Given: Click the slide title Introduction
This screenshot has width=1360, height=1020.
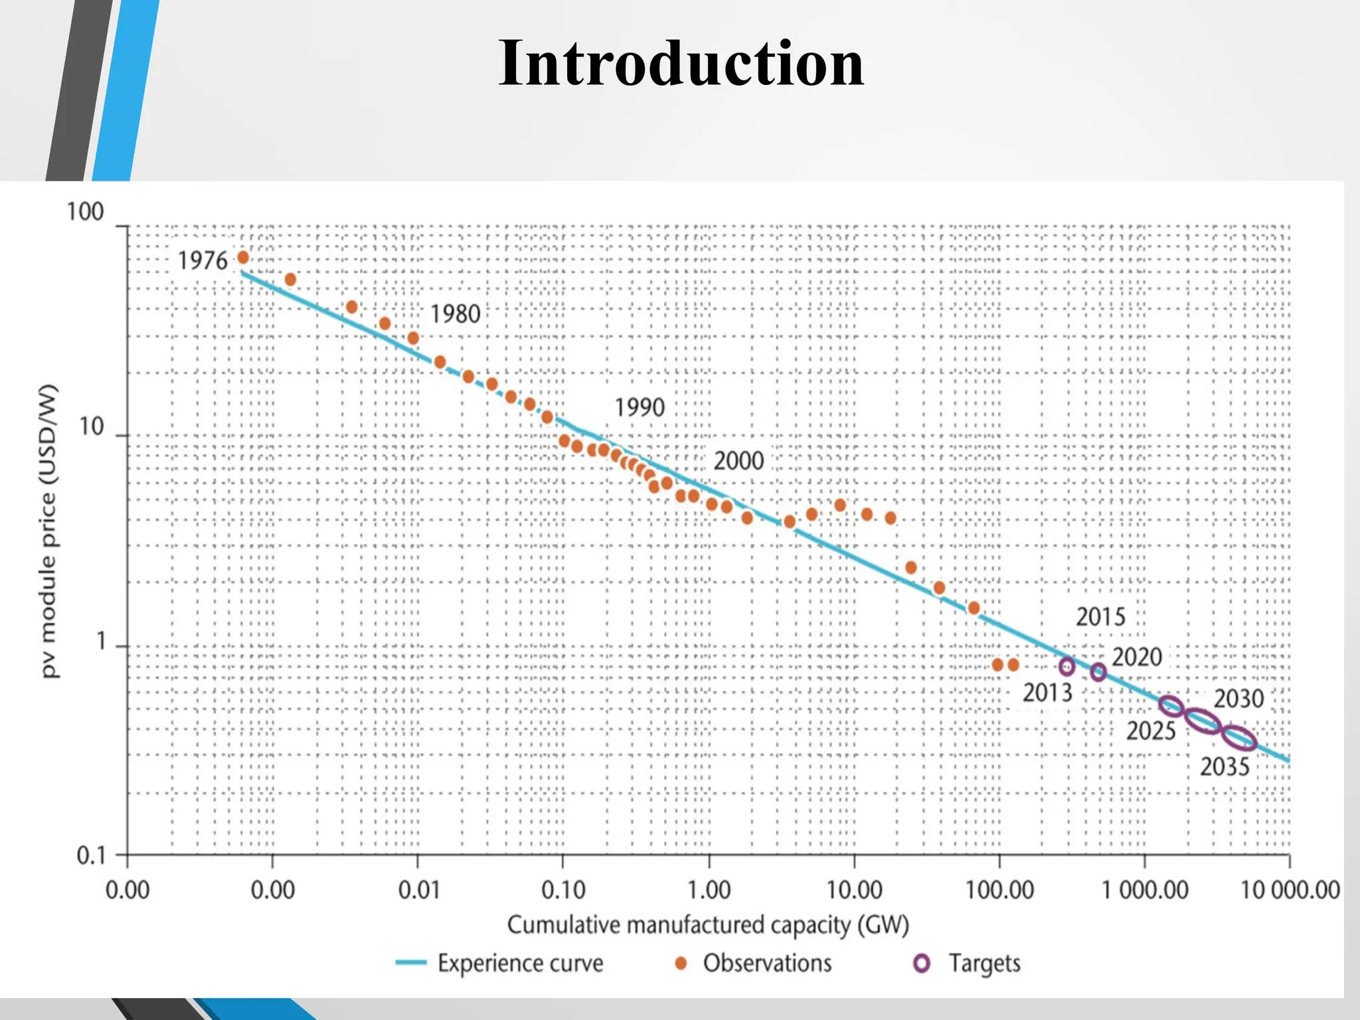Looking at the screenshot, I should pyautogui.click(x=681, y=64).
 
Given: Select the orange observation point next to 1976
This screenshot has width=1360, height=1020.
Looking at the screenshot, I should pyautogui.click(x=243, y=258).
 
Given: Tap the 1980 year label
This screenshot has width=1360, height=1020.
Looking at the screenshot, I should pyautogui.click(x=455, y=314).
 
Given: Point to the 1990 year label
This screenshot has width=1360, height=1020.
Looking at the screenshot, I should pyautogui.click(x=639, y=407).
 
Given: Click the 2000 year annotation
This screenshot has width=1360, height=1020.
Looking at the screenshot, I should pyautogui.click(x=738, y=461).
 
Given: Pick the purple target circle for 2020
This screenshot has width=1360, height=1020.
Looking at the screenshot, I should pyautogui.click(x=1098, y=672).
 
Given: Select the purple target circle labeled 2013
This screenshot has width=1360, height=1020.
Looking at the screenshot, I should pyautogui.click(x=1066, y=666).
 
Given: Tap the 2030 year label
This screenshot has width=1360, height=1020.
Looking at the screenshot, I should pyautogui.click(x=1238, y=699).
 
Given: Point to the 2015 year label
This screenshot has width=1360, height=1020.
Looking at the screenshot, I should pyautogui.click(x=1100, y=617).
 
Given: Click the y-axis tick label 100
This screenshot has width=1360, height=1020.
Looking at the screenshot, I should pyautogui.click(x=85, y=212).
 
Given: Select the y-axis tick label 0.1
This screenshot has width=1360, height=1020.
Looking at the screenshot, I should pyautogui.click(x=91, y=856).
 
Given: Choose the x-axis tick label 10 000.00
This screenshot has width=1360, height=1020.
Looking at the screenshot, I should pyautogui.click(x=1290, y=890).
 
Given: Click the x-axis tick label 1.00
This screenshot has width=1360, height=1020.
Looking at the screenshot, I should pyautogui.click(x=709, y=890).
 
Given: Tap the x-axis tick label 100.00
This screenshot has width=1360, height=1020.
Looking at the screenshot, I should pyautogui.click(x=999, y=890).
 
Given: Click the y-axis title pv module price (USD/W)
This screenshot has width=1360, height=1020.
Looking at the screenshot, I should pyautogui.click(x=49, y=531).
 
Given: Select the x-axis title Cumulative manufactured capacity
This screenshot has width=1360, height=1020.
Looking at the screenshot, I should pyautogui.click(x=708, y=925).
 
